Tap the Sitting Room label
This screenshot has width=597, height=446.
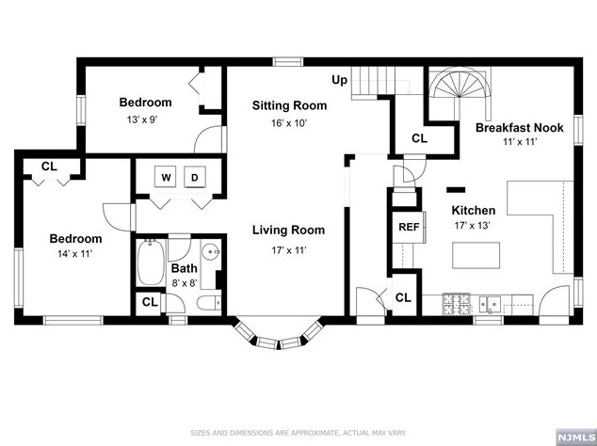(289, 105)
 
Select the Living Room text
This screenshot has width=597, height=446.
(288, 230)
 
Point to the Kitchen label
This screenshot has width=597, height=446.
(473, 210)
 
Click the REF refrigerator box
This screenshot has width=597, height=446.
(408, 227)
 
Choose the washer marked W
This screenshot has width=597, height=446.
(166, 178)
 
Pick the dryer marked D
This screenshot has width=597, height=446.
(196, 178)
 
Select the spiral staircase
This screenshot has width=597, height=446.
(460, 95)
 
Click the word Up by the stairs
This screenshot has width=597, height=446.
(339, 81)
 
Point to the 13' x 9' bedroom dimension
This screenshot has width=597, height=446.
(145, 119)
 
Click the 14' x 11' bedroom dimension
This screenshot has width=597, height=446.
(75, 254)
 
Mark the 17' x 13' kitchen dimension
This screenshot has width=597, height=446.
(473, 226)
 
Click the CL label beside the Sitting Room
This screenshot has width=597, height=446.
(419, 139)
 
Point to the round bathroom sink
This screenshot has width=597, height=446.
(212, 252)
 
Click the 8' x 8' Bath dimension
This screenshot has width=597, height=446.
(185, 282)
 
